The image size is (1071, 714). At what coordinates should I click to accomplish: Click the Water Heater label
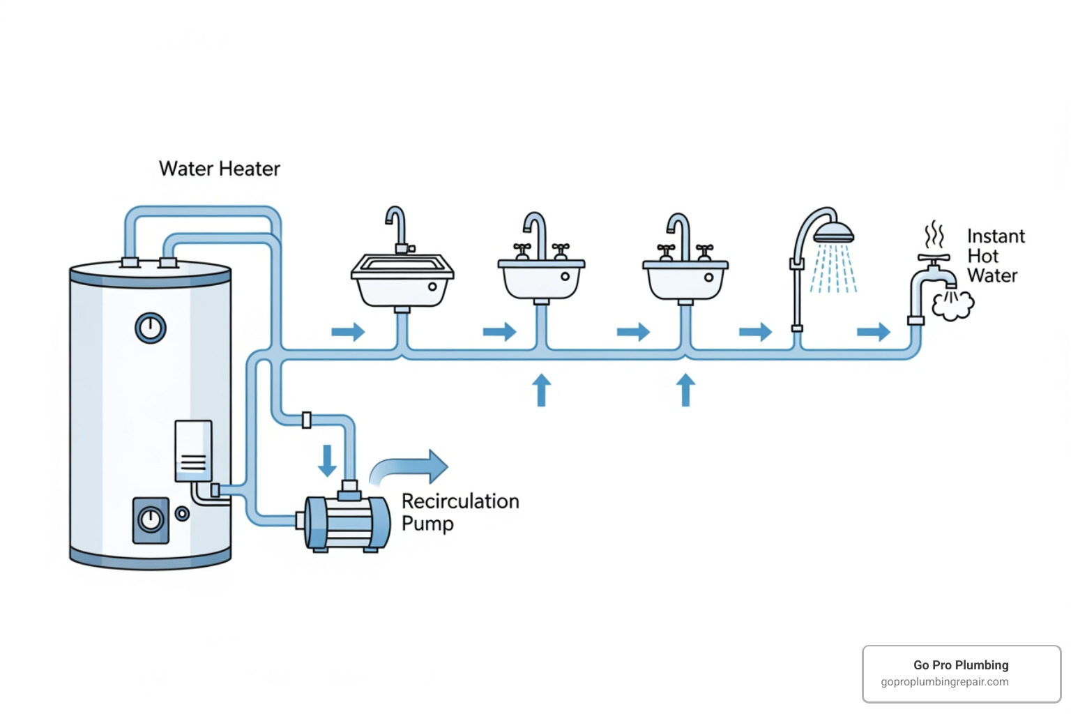(x=219, y=169)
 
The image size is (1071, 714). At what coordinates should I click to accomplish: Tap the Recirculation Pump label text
(x=459, y=512)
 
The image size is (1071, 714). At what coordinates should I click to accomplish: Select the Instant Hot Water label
(x=995, y=256)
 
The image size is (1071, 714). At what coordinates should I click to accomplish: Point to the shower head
(x=833, y=233)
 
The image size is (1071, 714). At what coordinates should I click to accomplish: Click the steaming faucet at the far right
(x=931, y=279)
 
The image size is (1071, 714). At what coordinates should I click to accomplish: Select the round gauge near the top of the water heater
(x=151, y=328)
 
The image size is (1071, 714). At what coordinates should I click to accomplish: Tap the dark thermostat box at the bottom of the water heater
(x=151, y=520)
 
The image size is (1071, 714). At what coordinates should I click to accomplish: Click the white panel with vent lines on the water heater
(x=193, y=450)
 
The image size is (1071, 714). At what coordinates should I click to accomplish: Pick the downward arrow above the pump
(x=327, y=461)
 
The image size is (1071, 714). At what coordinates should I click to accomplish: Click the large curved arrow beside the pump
(x=411, y=467)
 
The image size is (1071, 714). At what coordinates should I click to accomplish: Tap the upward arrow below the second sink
(x=541, y=390)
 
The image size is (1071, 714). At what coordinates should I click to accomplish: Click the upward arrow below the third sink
(x=685, y=390)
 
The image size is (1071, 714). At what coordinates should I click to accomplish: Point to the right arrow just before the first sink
(x=348, y=332)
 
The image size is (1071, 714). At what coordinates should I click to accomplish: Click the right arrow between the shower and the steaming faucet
(x=873, y=332)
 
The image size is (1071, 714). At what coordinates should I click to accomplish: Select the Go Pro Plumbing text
(x=961, y=665)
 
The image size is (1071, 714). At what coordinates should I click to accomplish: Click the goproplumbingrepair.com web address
(x=945, y=682)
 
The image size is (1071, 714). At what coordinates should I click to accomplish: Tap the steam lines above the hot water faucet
(x=934, y=235)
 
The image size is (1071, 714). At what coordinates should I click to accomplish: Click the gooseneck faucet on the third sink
(x=678, y=233)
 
